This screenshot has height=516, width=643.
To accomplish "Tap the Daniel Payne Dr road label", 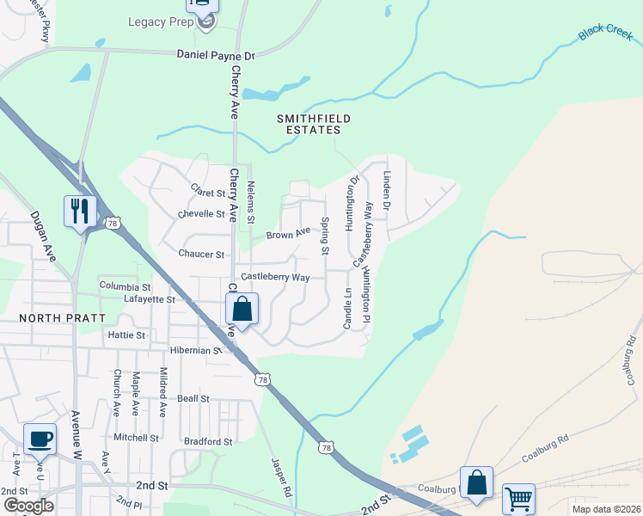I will pyautogui.click(x=216, y=55).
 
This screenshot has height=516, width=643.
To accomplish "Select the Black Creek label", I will pyautogui.click(x=604, y=33).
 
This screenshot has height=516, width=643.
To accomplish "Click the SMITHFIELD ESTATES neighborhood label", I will pyautogui.click(x=309, y=124).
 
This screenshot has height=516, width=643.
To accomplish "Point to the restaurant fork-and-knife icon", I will pyautogui.click(x=80, y=211).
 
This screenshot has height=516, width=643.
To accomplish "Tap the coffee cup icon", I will pyautogui.click(x=40, y=439).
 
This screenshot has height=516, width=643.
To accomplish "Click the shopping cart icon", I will pyautogui.click(x=518, y=498).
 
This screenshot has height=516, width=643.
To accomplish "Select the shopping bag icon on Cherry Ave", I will pyautogui.click(x=242, y=309).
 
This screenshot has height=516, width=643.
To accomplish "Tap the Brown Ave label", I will pyautogui.click(x=287, y=234).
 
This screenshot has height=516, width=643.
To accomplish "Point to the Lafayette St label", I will pyautogui.click(x=150, y=299).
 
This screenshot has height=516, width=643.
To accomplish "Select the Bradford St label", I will pyautogui.click(x=209, y=441).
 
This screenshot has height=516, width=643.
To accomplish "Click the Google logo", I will pyautogui.click(x=28, y=506).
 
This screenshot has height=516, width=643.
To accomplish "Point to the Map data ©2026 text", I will pyautogui.click(x=606, y=509).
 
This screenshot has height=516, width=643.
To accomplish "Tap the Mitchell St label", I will pyautogui.click(x=137, y=437).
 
